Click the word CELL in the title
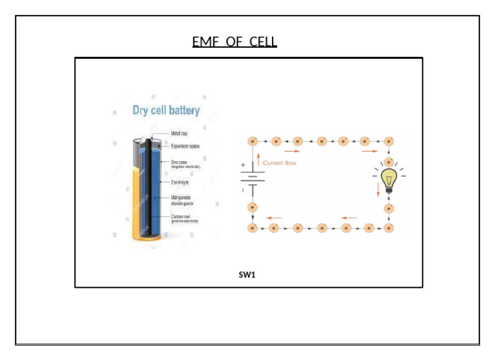tap(263, 43)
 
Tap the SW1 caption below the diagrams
tap(247, 275)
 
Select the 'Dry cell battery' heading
tap(166, 110)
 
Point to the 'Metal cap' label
tap(179, 134)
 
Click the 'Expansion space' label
tap(185, 146)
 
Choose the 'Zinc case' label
tap(180, 162)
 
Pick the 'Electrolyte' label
tap(182, 183)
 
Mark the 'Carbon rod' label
tap(181, 217)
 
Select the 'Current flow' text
tap(280, 163)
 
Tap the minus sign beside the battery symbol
tap(242, 190)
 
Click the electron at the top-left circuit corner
tap(253, 141)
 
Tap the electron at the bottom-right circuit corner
tap(389, 228)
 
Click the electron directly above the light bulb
tap(389, 162)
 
